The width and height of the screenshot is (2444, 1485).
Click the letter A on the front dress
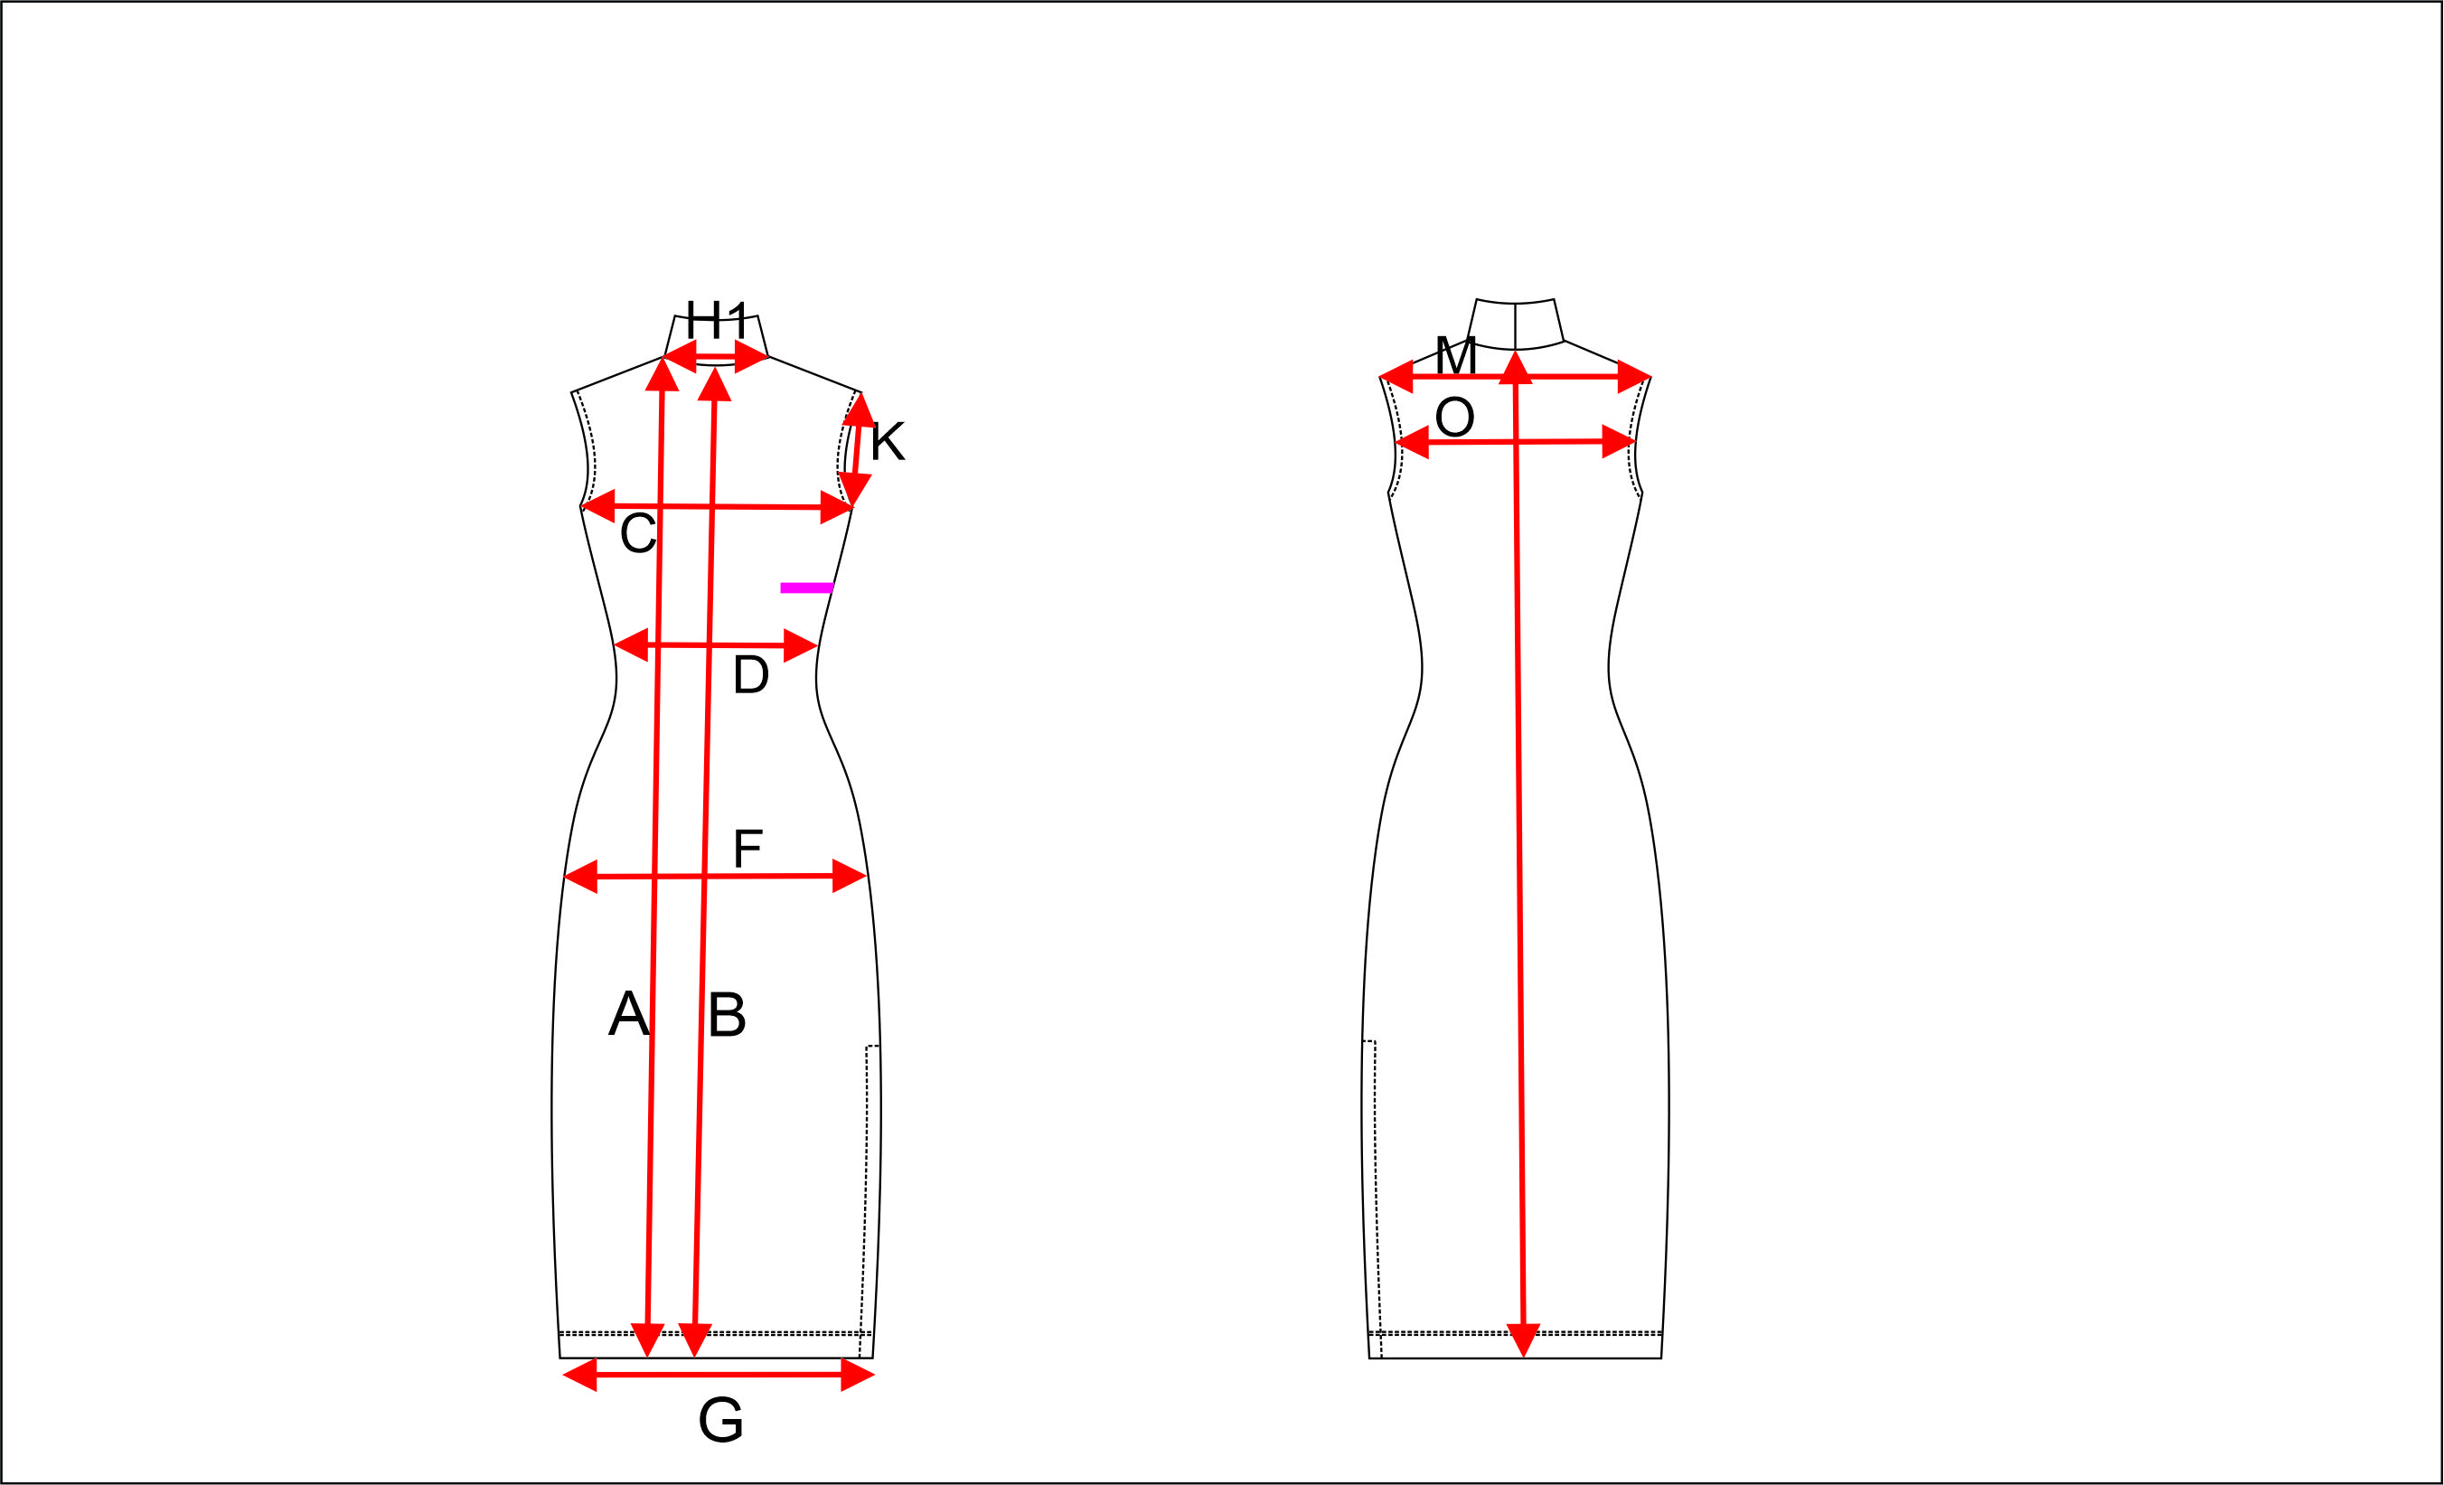pos(629,1014)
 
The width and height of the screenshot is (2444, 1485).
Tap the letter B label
pos(727,1014)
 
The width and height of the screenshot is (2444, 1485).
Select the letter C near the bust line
pos(638,533)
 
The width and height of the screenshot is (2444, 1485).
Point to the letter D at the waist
pos(751,674)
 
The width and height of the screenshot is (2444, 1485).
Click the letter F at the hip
pos(747,848)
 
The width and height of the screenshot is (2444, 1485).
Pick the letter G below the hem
pos(721,1421)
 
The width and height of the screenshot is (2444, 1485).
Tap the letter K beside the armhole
pos(888,442)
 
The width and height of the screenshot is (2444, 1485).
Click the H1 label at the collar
pos(716,321)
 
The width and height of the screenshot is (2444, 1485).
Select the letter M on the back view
pos(1456,355)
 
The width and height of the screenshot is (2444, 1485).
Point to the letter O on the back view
pos(1455,418)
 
